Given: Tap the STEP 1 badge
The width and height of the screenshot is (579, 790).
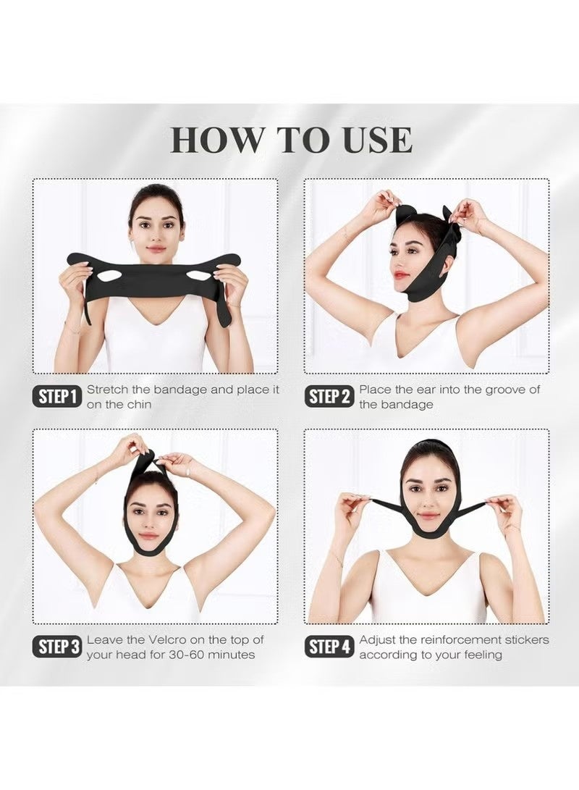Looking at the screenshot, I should coord(56,396).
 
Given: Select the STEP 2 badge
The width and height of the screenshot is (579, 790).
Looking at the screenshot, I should coord(329,396).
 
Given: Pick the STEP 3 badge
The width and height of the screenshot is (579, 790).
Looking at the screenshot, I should coord(56,647).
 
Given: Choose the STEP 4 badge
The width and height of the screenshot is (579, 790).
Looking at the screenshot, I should coord(329,647).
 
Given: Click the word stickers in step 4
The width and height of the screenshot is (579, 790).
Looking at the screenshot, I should coord(525,640).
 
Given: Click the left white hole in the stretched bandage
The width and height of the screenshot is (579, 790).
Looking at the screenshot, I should coord(109,276).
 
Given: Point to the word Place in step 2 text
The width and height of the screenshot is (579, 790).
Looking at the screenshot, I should coord(376,390).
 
